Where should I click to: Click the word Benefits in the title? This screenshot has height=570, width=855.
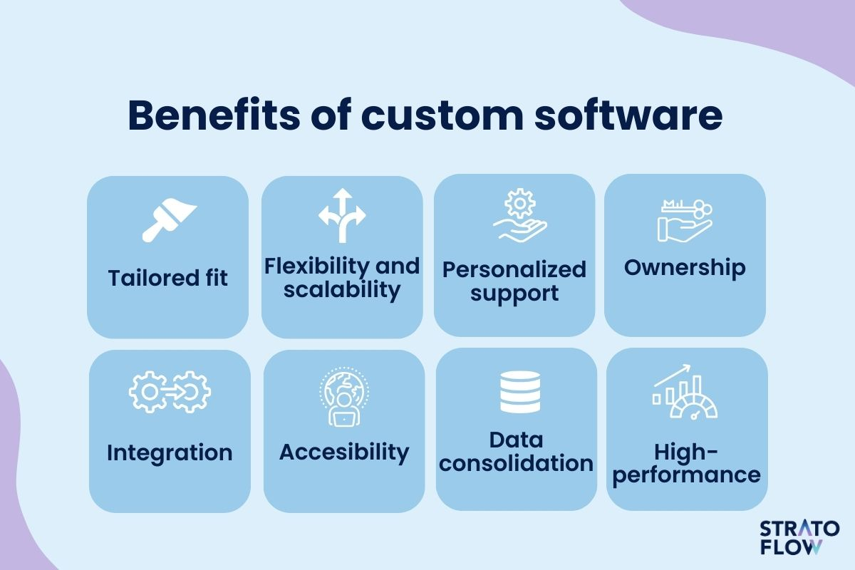(x=214, y=115)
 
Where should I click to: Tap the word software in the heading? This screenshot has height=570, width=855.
(x=628, y=115)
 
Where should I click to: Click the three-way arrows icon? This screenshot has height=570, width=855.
(x=342, y=215)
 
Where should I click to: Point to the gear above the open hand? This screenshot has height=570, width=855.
(x=519, y=203)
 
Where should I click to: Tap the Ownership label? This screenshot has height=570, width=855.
(x=685, y=268)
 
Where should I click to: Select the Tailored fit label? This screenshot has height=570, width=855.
(x=168, y=278)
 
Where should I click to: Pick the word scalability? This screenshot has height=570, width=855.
(x=342, y=290)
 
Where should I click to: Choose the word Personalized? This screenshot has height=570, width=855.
(x=514, y=270)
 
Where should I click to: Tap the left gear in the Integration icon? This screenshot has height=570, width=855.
(x=149, y=392)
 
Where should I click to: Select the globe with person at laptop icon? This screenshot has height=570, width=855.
(x=344, y=396)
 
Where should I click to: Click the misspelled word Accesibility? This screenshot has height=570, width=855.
(x=344, y=453)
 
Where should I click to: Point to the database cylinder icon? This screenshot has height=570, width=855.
(x=520, y=392)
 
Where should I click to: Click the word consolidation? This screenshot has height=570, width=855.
(x=516, y=464)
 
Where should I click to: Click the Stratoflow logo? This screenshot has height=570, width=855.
(x=799, y=537)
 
